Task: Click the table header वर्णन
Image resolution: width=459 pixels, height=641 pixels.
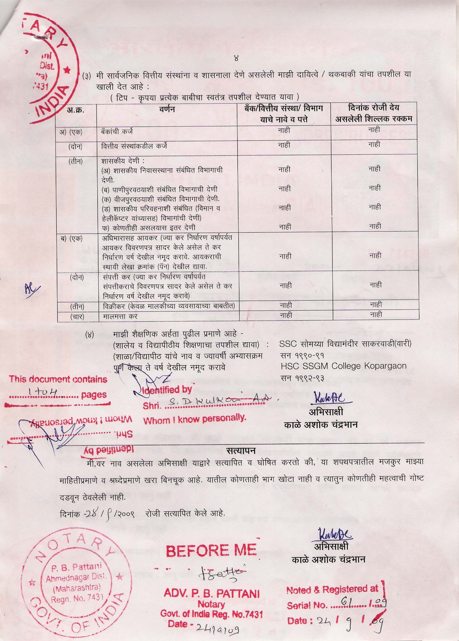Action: pyautogui.click(x=166, y=109)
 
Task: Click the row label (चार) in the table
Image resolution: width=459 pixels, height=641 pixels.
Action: pyautogui.click(x=77, y=317)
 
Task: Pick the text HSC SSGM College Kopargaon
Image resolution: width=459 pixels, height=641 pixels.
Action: pyautogui.click(x=343, y=366)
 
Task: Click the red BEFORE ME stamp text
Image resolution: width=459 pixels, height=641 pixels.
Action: pyautogui.click(x=211, y=549)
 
